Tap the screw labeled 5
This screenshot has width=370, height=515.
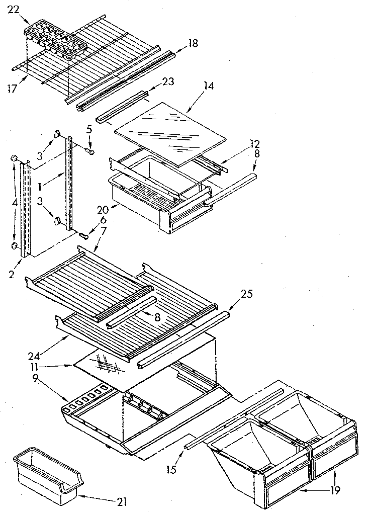(x=91, y=151)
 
